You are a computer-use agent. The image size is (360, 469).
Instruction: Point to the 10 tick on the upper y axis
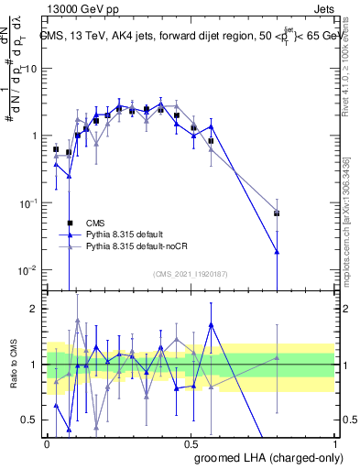tap(32, 69)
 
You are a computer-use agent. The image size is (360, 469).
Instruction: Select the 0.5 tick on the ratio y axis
tap(34, 420)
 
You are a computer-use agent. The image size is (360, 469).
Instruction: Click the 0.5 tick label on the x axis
tap(191, 442)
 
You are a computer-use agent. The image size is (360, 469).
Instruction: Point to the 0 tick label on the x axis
tap(48, 442)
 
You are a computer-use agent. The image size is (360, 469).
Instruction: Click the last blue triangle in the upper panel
tap(277, 251)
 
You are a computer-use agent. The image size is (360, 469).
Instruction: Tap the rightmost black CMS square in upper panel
tap(277, 213)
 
